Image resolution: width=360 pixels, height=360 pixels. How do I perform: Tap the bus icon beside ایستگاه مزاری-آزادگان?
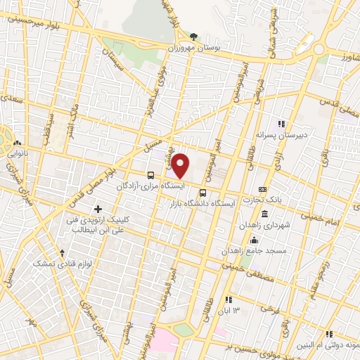[x=151, y=174]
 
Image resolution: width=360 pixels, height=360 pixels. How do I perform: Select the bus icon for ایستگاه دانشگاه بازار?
[x=202, y=193]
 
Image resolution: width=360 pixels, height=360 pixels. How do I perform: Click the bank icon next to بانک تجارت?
[x=262, y=189]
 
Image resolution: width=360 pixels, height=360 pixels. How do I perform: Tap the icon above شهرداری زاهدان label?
[x=264, y=214]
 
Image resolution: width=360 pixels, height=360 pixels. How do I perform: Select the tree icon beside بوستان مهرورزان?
[x=194, y=36]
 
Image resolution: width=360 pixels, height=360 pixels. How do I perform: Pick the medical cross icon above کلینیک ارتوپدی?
[x=98, y=209]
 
